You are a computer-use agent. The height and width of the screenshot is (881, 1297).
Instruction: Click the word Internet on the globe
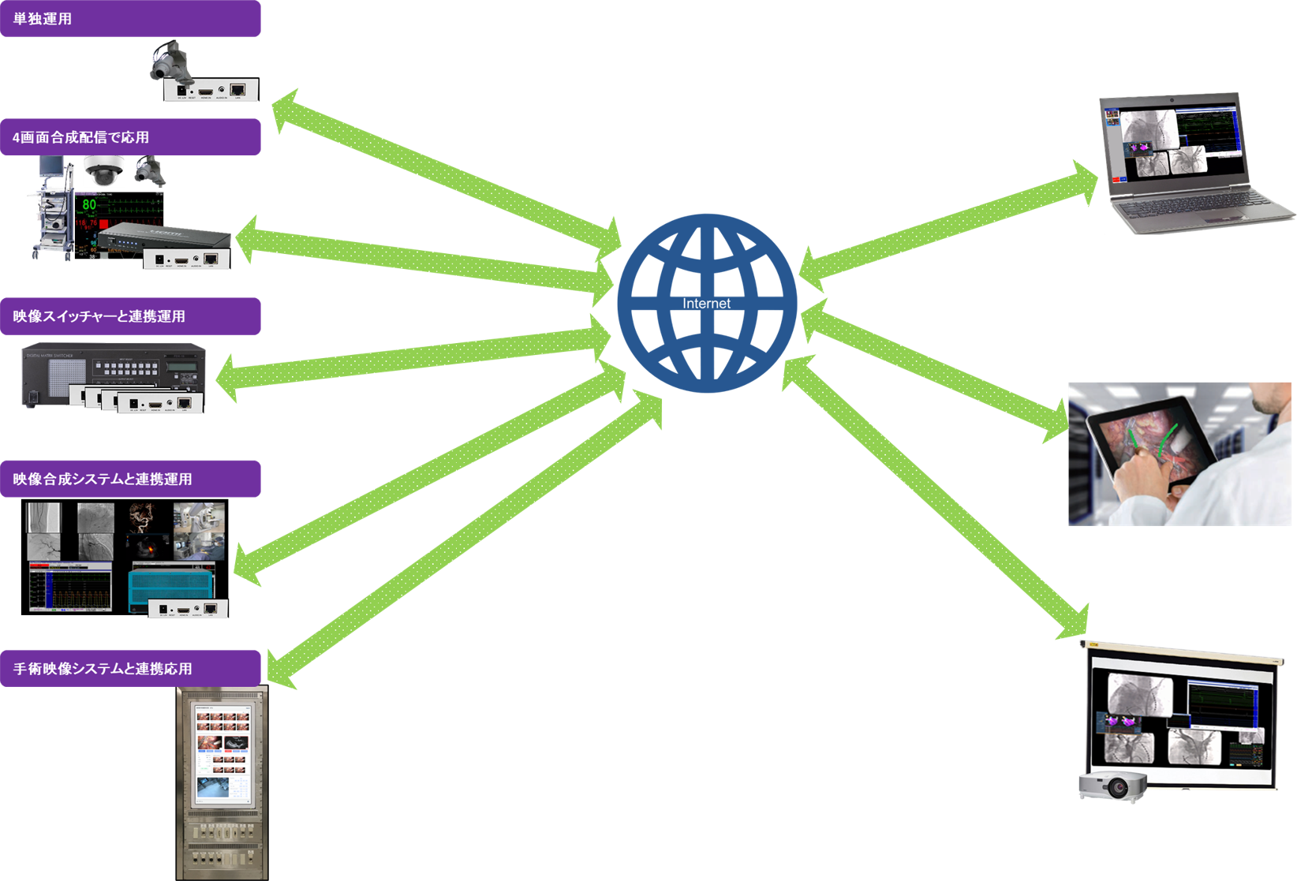pos(706,304)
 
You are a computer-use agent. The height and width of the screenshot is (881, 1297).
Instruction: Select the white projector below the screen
pos(1113,786)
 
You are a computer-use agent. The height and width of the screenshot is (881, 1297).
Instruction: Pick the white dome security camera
pos(104,171)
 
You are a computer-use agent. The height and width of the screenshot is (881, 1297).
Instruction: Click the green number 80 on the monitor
pos(89,205)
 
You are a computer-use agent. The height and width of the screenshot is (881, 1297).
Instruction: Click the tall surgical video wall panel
pos(222,781)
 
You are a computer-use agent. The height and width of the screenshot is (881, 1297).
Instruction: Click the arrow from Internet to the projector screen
pos(939,497)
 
